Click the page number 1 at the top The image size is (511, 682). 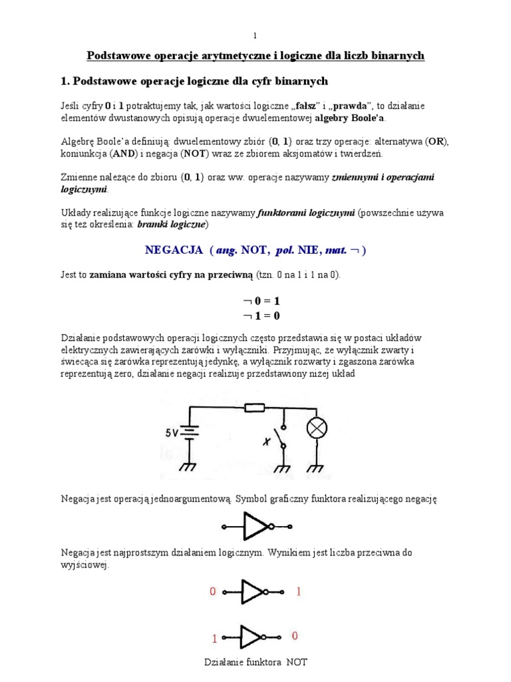point(255,35)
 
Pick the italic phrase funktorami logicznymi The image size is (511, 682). point(306,213)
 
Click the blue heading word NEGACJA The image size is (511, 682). point(174,250)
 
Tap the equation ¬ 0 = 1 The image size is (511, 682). point(255,301)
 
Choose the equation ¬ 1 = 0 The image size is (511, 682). point(255,316)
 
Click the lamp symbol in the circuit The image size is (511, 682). point(316,429)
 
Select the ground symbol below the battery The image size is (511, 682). point(188,466)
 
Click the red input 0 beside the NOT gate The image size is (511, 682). point(213,591)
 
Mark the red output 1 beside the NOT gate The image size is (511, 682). point(299,591)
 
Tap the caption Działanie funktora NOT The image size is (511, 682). point(255,663)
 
